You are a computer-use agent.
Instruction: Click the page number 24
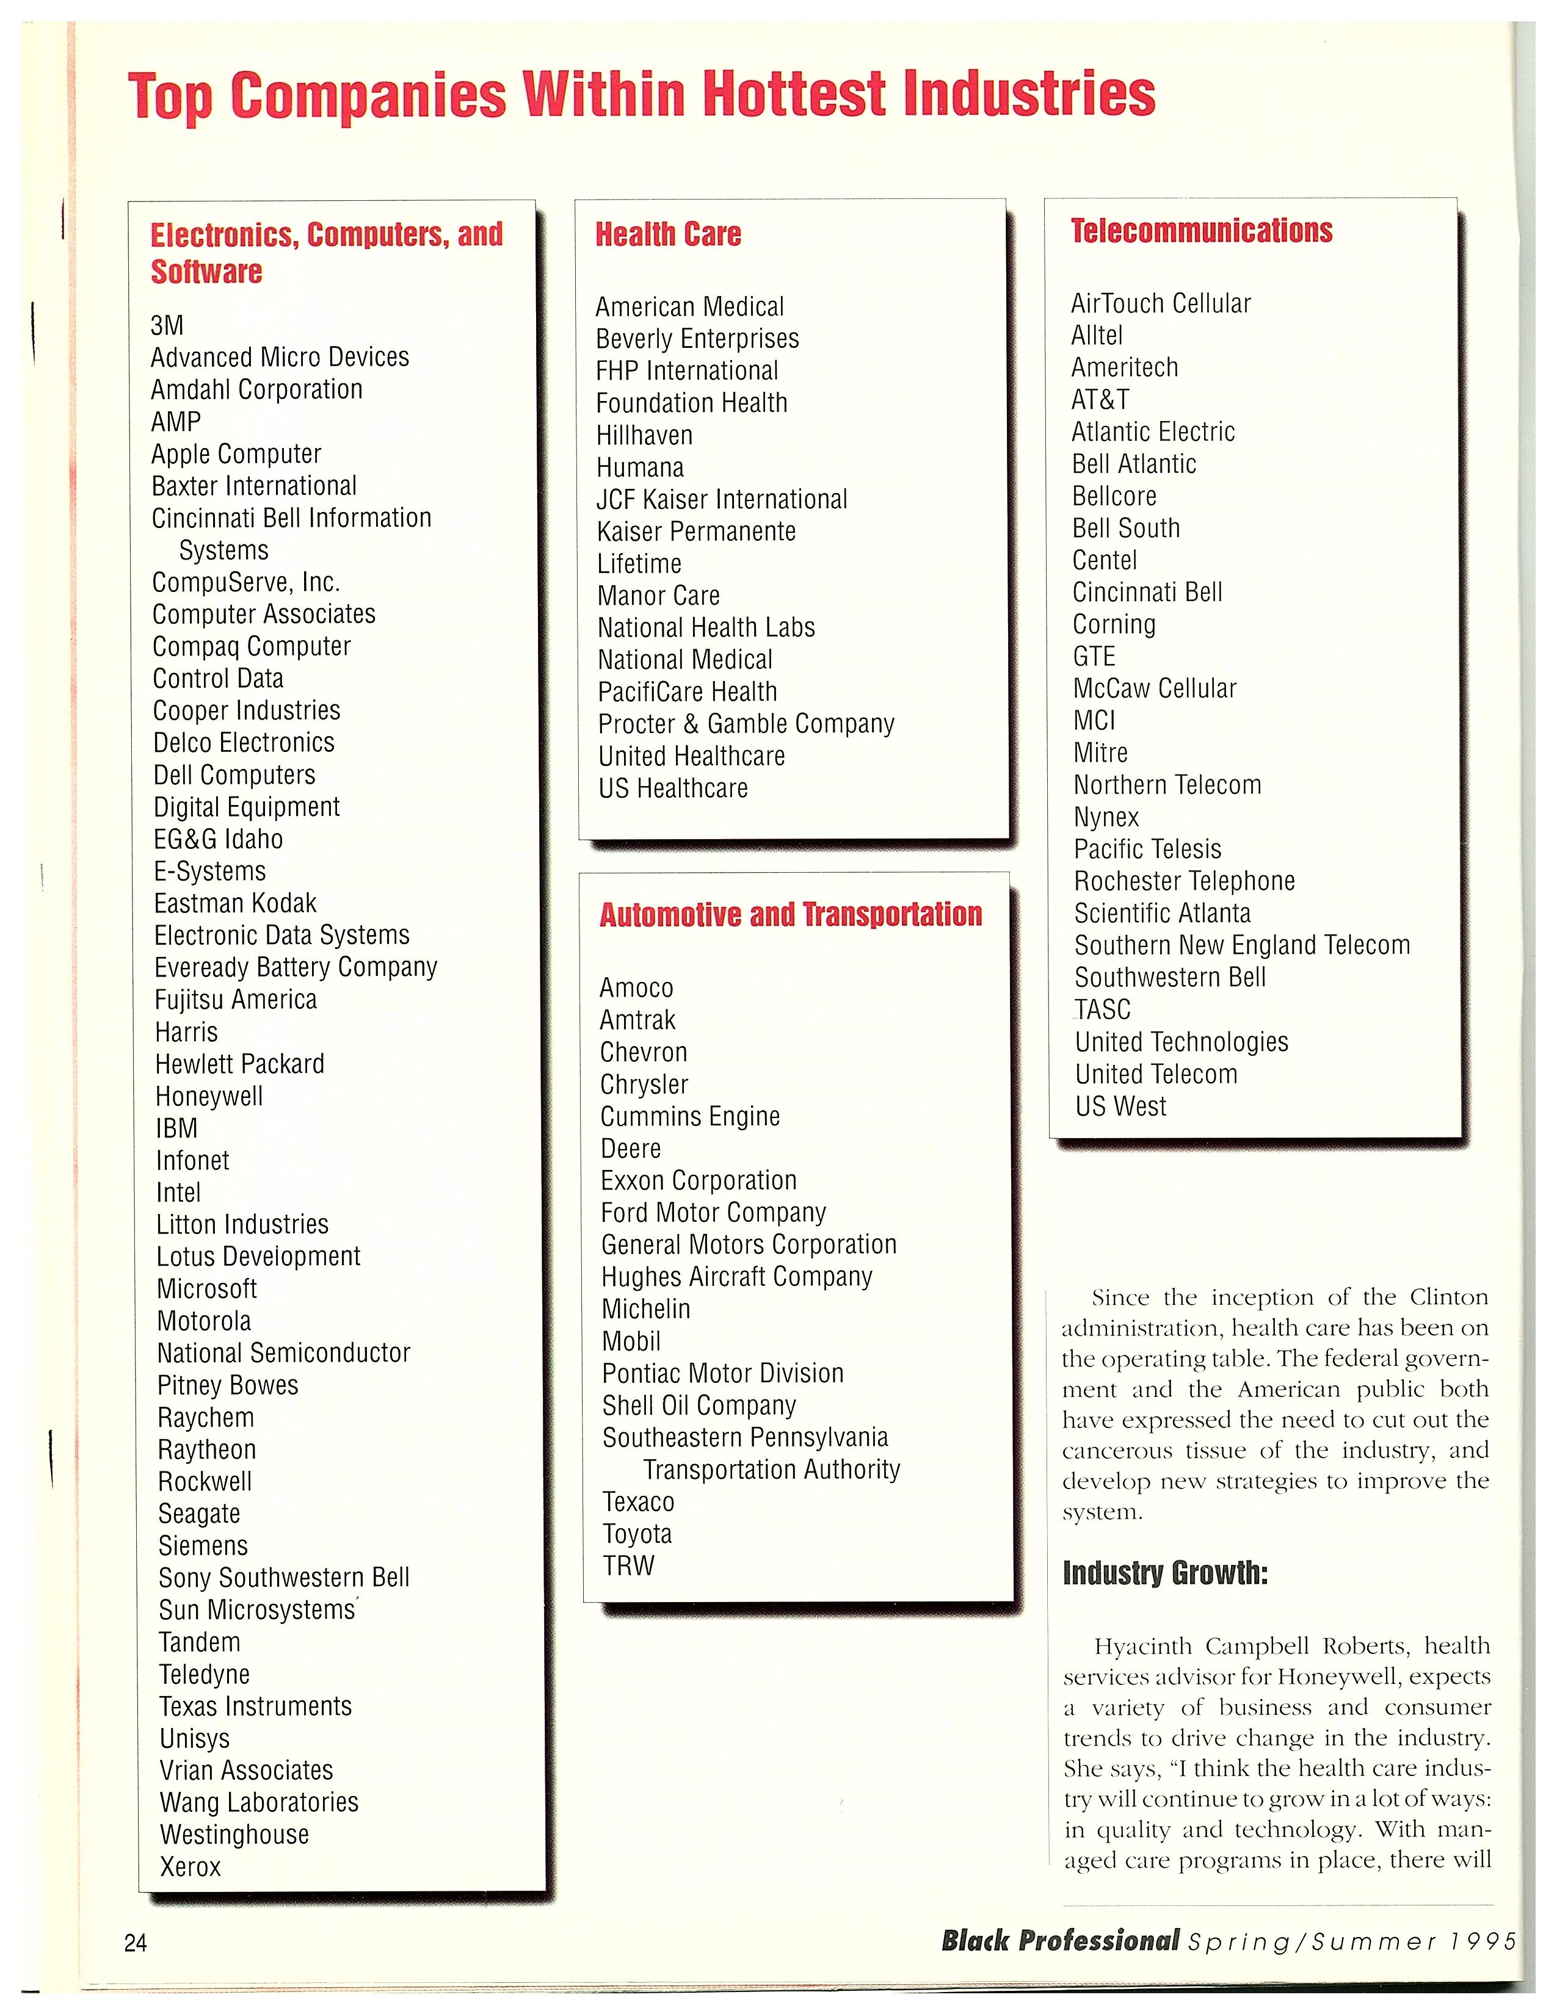[136, 1943]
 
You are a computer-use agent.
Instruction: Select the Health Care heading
[668, 234]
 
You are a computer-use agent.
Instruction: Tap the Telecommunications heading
[1201, 231]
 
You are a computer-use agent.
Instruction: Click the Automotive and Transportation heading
[791, 915]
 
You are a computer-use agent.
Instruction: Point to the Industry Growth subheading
[1165, 1572]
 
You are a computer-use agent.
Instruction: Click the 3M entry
[167, 325]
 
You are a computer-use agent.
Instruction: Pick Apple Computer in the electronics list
[236, 453]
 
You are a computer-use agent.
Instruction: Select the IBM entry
[176, 1128]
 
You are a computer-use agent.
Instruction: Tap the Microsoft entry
[206, 1288]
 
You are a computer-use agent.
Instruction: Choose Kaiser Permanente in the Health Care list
[695, 531]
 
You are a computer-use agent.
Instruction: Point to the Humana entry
[639, 467]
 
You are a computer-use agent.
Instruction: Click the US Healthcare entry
[672, 789]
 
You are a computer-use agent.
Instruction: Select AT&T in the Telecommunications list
[1100, 399]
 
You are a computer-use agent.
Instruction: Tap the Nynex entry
[1106, 817]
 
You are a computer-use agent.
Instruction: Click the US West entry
[1120, 1106]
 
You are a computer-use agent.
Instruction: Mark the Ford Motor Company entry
[713, 1213]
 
